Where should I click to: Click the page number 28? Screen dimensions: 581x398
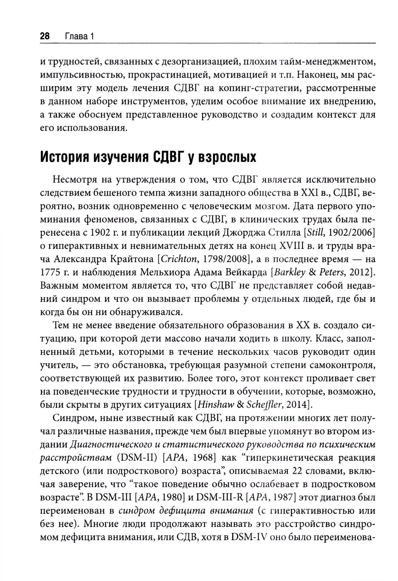point(44,37)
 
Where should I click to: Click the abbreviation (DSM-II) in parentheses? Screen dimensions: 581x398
point(137,457)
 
